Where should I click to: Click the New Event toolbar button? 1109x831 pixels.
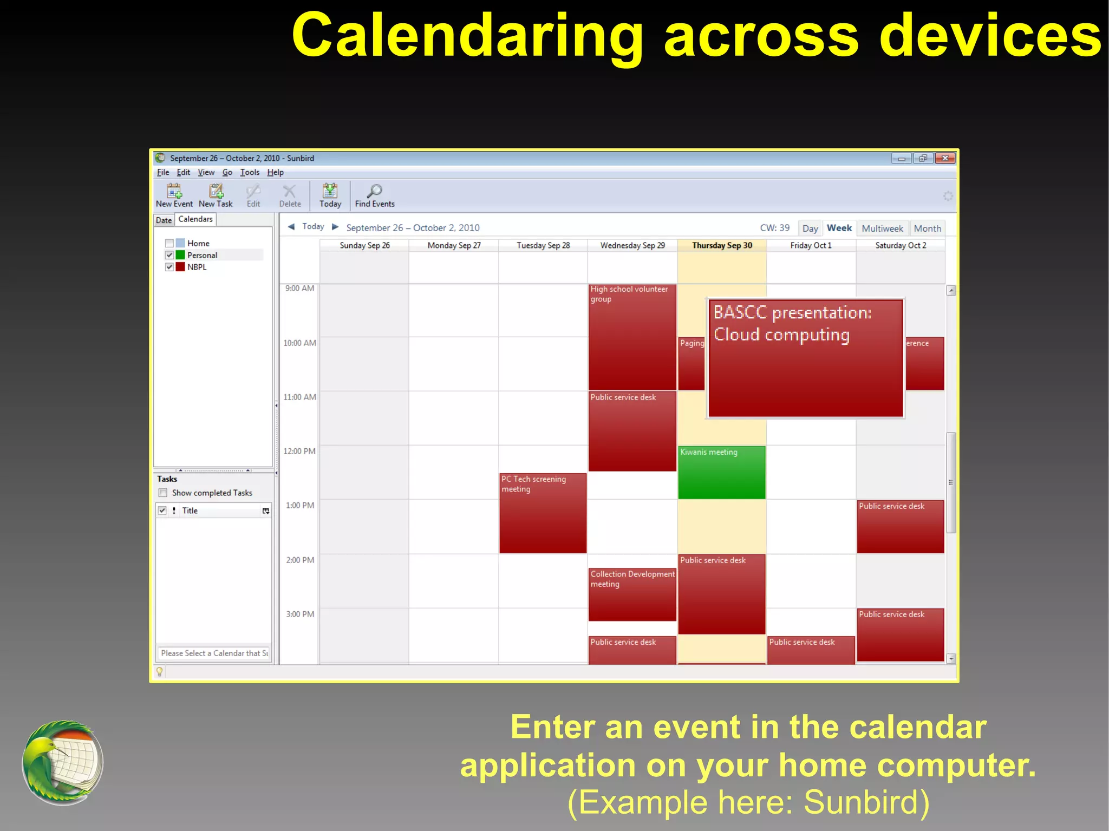pos(174,195)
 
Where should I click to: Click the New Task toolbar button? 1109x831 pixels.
pos(216,195)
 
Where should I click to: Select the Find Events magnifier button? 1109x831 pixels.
pos(374,195)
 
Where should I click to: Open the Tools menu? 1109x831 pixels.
pos(250,172)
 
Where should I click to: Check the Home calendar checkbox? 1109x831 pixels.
pos(169,244)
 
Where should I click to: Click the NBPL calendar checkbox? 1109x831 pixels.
pos(169,267)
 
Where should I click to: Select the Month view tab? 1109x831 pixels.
pos(927,228)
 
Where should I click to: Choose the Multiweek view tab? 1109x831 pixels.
pos(882,228)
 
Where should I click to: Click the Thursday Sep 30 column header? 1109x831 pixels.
pos(722,245)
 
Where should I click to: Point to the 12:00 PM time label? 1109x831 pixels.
pos(299,451)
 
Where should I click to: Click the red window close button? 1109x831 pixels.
pos(945,158)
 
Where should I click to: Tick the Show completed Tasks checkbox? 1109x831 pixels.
pos(163,493)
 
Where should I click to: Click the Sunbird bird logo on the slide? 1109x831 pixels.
pos(62,762)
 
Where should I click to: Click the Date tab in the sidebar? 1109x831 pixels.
pos(164,220)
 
